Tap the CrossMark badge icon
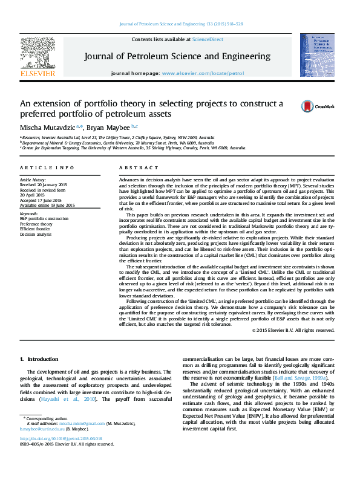click(308, 106)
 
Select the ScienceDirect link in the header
click(208, 39)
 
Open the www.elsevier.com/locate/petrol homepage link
click(203, 73)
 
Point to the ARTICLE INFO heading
click(47, 167)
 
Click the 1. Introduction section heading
click(39, 360)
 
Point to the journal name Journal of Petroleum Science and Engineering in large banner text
click(177, 56)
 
